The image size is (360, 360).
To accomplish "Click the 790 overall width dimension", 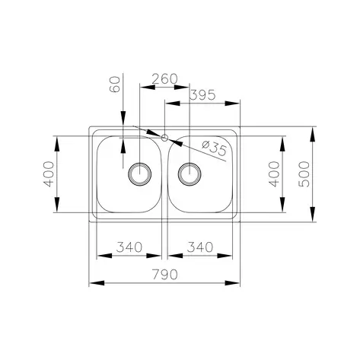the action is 165,275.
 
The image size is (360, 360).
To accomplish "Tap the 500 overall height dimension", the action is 304,174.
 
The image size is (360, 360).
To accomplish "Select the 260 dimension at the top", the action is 164,79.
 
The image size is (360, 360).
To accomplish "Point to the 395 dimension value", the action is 202,95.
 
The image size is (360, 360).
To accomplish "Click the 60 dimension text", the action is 115,84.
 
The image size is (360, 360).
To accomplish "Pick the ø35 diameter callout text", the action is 214,148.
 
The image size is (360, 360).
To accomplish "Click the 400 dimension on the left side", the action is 49,174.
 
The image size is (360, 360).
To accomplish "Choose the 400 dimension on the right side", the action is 274,174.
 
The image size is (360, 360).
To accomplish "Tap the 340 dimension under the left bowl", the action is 129,247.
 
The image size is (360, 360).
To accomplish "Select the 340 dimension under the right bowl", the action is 200,247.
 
